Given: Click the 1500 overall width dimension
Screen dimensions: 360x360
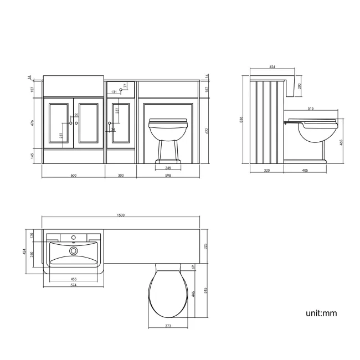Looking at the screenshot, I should click(121, 215).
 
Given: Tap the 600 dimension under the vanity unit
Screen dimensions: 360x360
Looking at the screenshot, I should click(73, 175).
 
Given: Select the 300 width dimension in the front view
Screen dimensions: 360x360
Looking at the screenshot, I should click(121, 175).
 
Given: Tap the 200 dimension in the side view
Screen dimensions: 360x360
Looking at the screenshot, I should click(300, 86).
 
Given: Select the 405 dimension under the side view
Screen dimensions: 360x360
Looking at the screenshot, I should click(305, 171).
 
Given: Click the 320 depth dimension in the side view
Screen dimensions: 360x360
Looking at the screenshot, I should click(266, 171).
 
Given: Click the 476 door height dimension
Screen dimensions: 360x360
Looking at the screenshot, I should click(33, 123).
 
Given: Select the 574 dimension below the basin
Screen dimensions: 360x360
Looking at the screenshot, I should click(73, 284).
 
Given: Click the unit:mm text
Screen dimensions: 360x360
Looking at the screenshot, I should click(321, 313).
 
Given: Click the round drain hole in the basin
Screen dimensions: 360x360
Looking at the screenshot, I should click(73, 250).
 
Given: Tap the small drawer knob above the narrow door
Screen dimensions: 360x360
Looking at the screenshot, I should click(121, 90).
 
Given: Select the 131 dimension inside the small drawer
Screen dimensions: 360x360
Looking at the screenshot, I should click(114, 91).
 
